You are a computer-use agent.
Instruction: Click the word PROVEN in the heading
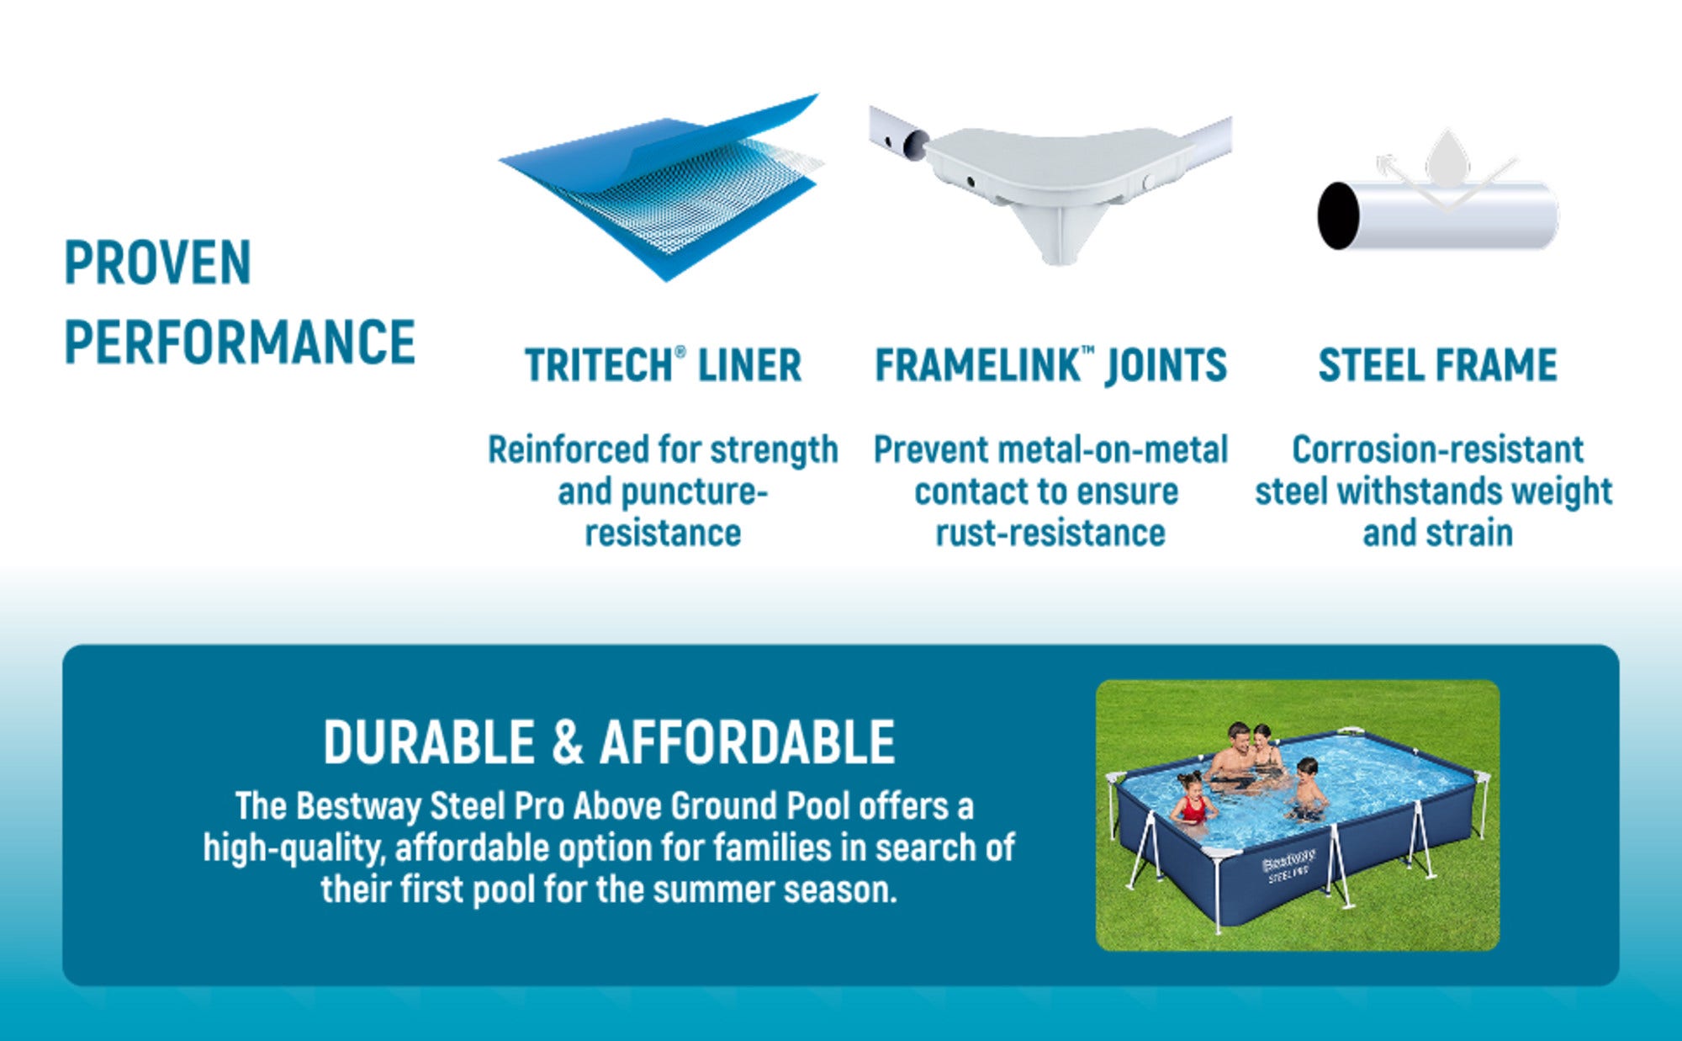click(158, 263)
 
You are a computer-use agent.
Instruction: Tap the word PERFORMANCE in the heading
click(240, 342)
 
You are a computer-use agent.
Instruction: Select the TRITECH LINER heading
click(663, 365)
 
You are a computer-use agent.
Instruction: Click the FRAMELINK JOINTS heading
click(1050, 365)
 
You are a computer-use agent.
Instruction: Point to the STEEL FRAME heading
click(1437, 365)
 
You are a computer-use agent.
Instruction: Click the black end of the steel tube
click(1338, 215)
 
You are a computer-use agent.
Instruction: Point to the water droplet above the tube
click(1447, 158)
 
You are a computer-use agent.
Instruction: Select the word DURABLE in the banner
click(429, 742)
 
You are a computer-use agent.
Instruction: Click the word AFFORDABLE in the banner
click(747, 742)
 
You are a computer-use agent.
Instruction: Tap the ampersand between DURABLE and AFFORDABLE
click(567, 742)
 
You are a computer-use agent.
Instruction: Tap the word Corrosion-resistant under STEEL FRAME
click(1437, 450)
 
